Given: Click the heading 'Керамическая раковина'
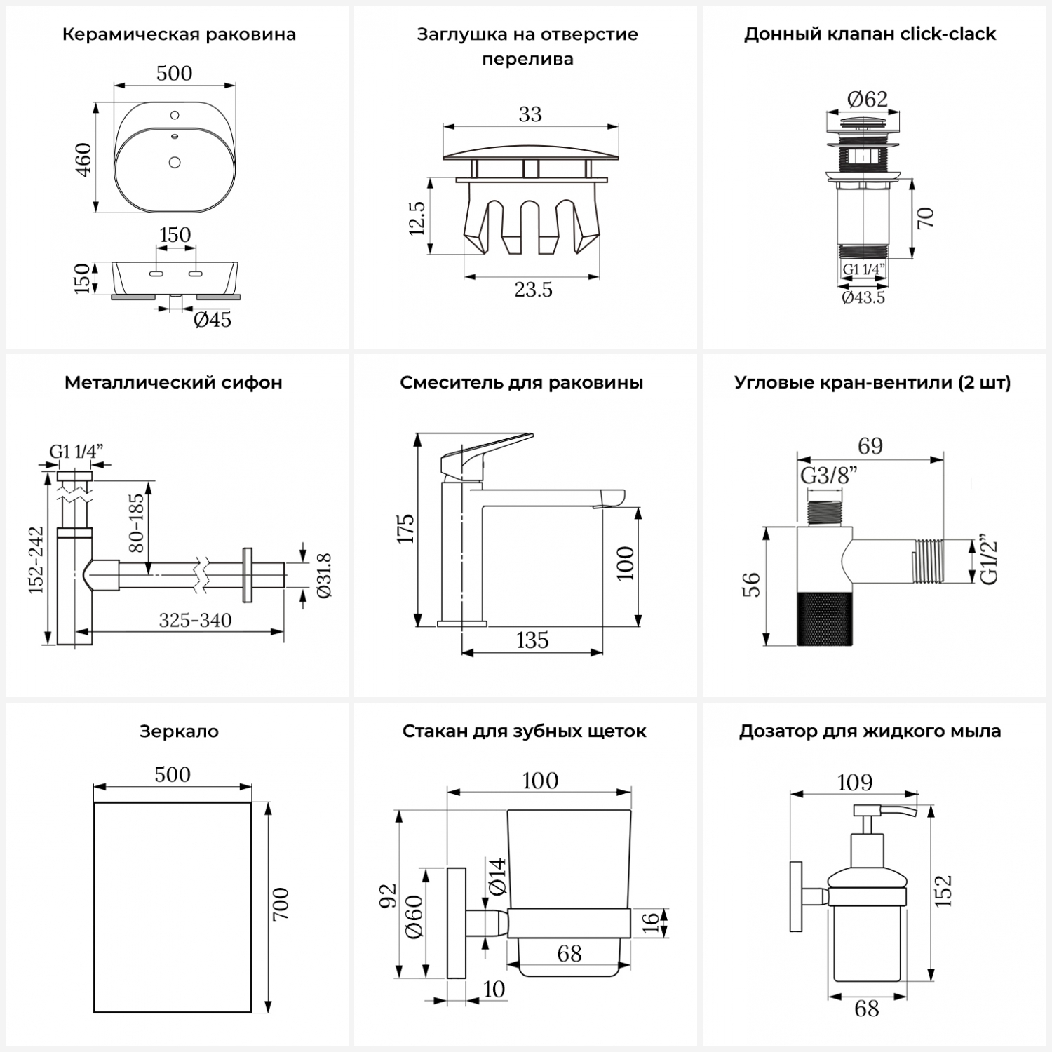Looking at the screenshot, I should tap(179, 34).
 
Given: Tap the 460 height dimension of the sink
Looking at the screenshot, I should tap(83, 159).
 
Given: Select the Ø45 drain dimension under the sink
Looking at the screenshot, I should tap(212, 320).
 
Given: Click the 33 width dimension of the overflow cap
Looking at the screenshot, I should tap(530, 114).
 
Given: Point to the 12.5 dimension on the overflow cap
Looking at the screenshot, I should tap(417, 218).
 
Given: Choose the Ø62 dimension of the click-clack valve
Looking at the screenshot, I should tap(867, 99).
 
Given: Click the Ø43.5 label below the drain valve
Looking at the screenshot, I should tap(863, 297).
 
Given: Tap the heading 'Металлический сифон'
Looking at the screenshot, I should tap(173, 383).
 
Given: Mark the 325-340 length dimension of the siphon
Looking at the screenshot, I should tap(195, 620).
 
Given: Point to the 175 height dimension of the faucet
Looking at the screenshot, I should tap(405, 529).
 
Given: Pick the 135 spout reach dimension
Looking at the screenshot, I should tap(532, 640).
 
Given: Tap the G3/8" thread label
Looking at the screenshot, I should tap(829, 476).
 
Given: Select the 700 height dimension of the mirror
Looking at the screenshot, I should tap(280, 905).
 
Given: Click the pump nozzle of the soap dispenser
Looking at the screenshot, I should tap(901, 812).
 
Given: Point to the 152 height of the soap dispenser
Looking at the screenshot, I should tap(944, 891).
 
